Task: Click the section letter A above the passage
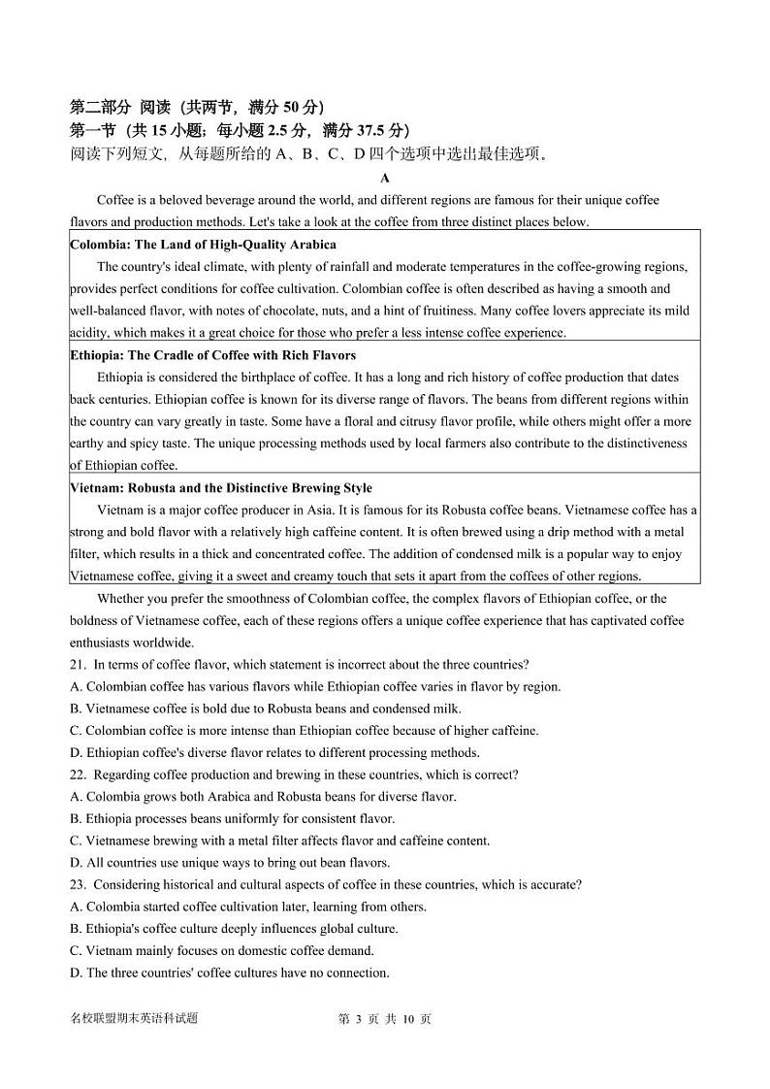[x=385, y=178]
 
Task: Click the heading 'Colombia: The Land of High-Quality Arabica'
[x=203, y=245]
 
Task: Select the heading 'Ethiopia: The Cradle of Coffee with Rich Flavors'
[x=212, y=355]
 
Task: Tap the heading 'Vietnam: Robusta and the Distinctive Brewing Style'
[x=220, y=488]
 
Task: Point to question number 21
[x=78, y=665]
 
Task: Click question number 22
[x=78, y=775]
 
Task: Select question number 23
[x=78, y=885]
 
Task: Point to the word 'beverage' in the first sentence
[x=240, y=200]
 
